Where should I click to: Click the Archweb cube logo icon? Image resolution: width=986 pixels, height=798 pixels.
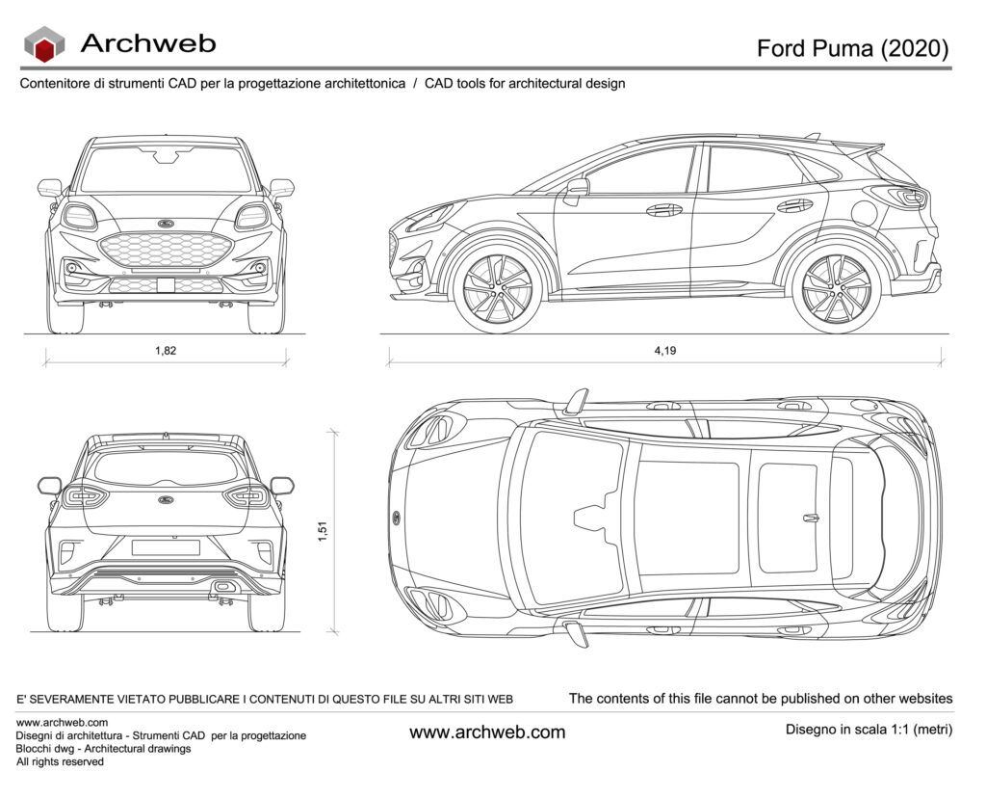pyautogui.click(x=43, y=43)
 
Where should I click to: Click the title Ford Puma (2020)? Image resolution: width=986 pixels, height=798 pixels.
pyautogui.click(x=852, y=48)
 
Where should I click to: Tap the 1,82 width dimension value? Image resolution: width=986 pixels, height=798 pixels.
pyautogui.click(x=166, y=351)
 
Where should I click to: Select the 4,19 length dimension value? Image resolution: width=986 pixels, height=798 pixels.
pyautogui.click(x=664, y=351)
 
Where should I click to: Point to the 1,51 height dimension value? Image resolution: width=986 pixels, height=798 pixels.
pyautogui.click(x=323, y=531)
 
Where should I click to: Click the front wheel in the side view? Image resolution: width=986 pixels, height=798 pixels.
pyautogui.click(x=497, y=288)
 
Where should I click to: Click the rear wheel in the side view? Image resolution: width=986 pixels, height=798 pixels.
pyautogui.click(x=836, y=288)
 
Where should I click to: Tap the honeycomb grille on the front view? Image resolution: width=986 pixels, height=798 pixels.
pyautogui.click(x=166, y=250)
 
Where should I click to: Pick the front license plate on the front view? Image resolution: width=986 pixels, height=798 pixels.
pyautogui.click(x=166, y=284)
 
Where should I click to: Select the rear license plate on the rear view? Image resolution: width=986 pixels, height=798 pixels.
pyautogui.click(x=166, y=547)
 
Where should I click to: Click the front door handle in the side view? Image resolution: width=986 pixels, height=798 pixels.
pyautogui.click(x=663, y=209)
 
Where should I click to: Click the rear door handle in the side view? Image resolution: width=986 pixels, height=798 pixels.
pyautogui.click(x=794, y=205)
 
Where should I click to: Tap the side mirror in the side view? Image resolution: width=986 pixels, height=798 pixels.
pyautogui.click(x=576, y=188)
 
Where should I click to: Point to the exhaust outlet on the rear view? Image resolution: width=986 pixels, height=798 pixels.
pyautogui.click(x=222, y=586)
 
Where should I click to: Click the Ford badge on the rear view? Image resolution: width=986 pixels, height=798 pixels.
pyautogui.click(x=166, y=500)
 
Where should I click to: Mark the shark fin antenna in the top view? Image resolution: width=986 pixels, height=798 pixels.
pyautogui.click(x=811, y=518)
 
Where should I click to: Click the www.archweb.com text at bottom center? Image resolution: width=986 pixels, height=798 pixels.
pyautogui.click(x=487, y=732)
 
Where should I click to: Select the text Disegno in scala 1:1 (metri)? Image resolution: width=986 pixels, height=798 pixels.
pyautogui.click(x=869, y=730)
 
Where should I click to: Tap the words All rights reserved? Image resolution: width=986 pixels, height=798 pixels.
pyautogui.click(x=60, y=761)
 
